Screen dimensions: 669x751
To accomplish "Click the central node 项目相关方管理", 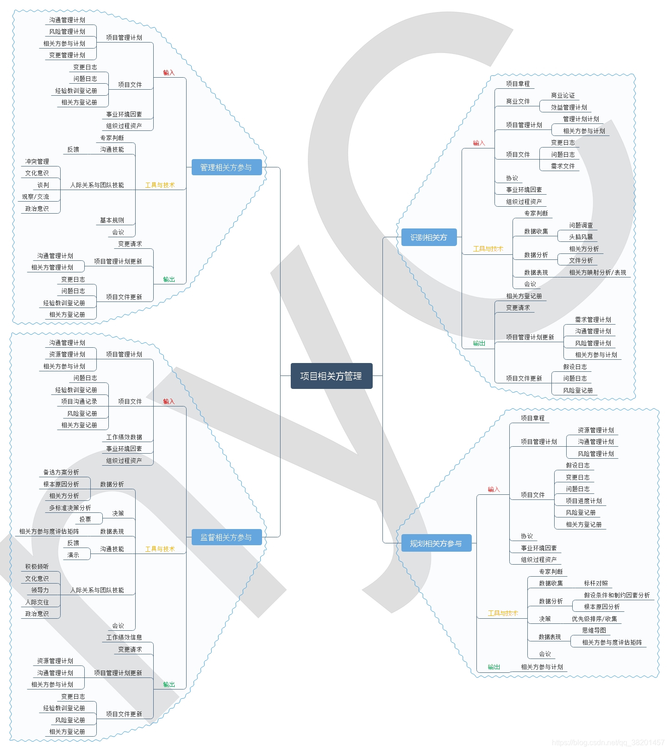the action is pos(331,376).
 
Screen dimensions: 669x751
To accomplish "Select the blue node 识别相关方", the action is pos(429,237).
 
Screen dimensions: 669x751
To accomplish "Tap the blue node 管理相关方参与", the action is pos(226,167).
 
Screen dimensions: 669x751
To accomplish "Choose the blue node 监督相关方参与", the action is pos(226,537).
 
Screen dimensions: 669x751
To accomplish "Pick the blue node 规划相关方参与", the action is pos(436,543).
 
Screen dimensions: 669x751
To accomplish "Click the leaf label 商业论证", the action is pos(563,96).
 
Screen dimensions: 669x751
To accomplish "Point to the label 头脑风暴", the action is pos(581,237).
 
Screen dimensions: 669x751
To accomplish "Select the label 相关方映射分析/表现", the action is pos(597,272).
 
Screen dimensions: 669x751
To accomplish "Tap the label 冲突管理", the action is pos(37,161).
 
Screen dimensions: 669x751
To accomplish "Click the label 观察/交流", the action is pos(35,197).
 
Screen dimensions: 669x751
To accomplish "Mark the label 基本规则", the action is pos(112,220).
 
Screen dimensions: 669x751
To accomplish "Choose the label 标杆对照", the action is pos(596,584).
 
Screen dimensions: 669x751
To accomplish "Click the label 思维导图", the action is pos(594,630).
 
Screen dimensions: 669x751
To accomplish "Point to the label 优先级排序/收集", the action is pos(594,619).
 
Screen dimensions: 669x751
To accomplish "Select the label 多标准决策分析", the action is pos(70,508).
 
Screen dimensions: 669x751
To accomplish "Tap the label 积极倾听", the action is pos(37,566).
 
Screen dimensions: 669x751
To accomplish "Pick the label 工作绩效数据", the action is pos(124,437).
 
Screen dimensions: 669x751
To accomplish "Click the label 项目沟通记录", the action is pos(79,401).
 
